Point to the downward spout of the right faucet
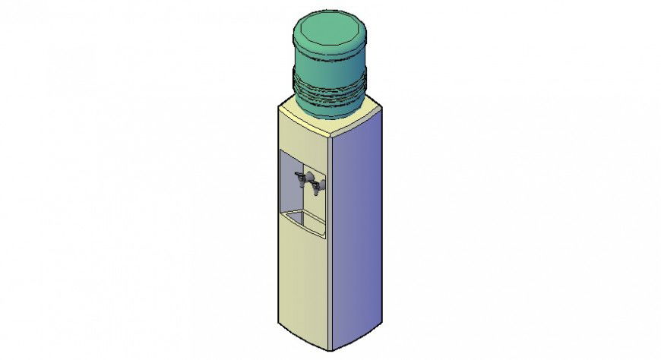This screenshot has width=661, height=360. (x=314, y=191)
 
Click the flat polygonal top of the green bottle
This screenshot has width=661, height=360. (x=329, y=32)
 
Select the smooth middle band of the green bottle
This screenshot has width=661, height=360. (x=329, y=65)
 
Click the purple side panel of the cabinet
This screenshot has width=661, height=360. (x=357, y=228)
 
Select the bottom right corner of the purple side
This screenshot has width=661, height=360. (x=380, y=325)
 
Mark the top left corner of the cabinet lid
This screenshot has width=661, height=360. (x=279, y=106)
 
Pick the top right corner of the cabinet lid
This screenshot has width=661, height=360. (x=381, y=107)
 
